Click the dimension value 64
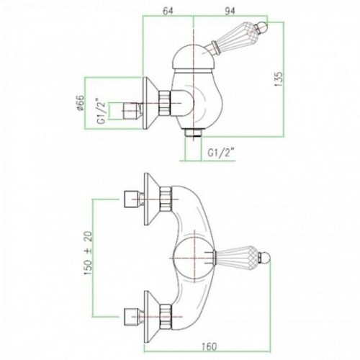tap(168, 11)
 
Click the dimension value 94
tap(230, 11)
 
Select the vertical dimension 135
tap(279, 79)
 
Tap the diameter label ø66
tap(81, 103)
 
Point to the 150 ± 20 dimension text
tap(88, 253)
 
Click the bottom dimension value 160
tap(209, 346)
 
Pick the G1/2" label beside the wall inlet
tap(102, 111)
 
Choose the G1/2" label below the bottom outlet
tap(221, 153)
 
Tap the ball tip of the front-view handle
tap(265, 258)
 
